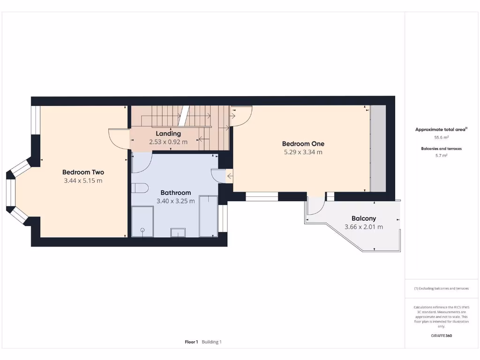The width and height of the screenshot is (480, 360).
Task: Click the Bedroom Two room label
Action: point(83,172)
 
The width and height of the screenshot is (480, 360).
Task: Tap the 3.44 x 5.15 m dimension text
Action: point(83,180)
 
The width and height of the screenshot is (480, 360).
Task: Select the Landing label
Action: point(168,134)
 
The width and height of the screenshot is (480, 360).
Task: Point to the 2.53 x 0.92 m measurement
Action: point(168,142)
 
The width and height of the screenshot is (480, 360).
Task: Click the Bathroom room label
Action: point(176,193)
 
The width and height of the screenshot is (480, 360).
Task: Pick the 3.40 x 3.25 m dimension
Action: point(176,201)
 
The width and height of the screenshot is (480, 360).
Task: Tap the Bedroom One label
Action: point(303,144)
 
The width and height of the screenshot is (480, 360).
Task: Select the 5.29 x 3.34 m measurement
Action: point(303,152)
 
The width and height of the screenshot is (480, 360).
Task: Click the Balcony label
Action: point(364,218)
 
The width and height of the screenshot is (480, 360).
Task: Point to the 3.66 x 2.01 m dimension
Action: point(364,227)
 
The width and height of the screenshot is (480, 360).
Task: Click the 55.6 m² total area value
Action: point(441,138)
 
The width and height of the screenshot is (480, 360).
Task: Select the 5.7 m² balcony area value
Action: point(441,155)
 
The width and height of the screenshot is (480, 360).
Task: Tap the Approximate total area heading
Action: point(441,129)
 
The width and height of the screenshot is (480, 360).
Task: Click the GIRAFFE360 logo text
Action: point(441,336)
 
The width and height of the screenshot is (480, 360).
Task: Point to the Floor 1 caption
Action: point(191,342)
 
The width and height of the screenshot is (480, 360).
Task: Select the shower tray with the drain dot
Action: point(142,222)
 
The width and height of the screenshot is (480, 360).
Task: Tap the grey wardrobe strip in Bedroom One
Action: point(378,148)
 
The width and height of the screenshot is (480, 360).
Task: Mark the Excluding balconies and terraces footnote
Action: point(441,289)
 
